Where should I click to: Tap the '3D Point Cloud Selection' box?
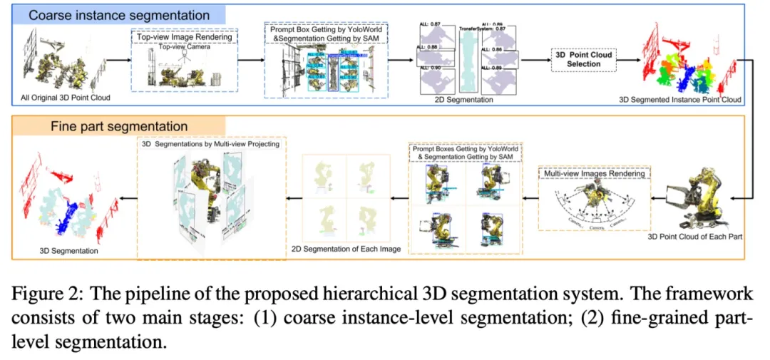(x=583, y=59)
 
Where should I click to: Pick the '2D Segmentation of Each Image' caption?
(x=346, y=249)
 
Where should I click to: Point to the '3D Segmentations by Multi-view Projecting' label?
(x=210, y=144)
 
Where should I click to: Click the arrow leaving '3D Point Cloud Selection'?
(x=628, y=59)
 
